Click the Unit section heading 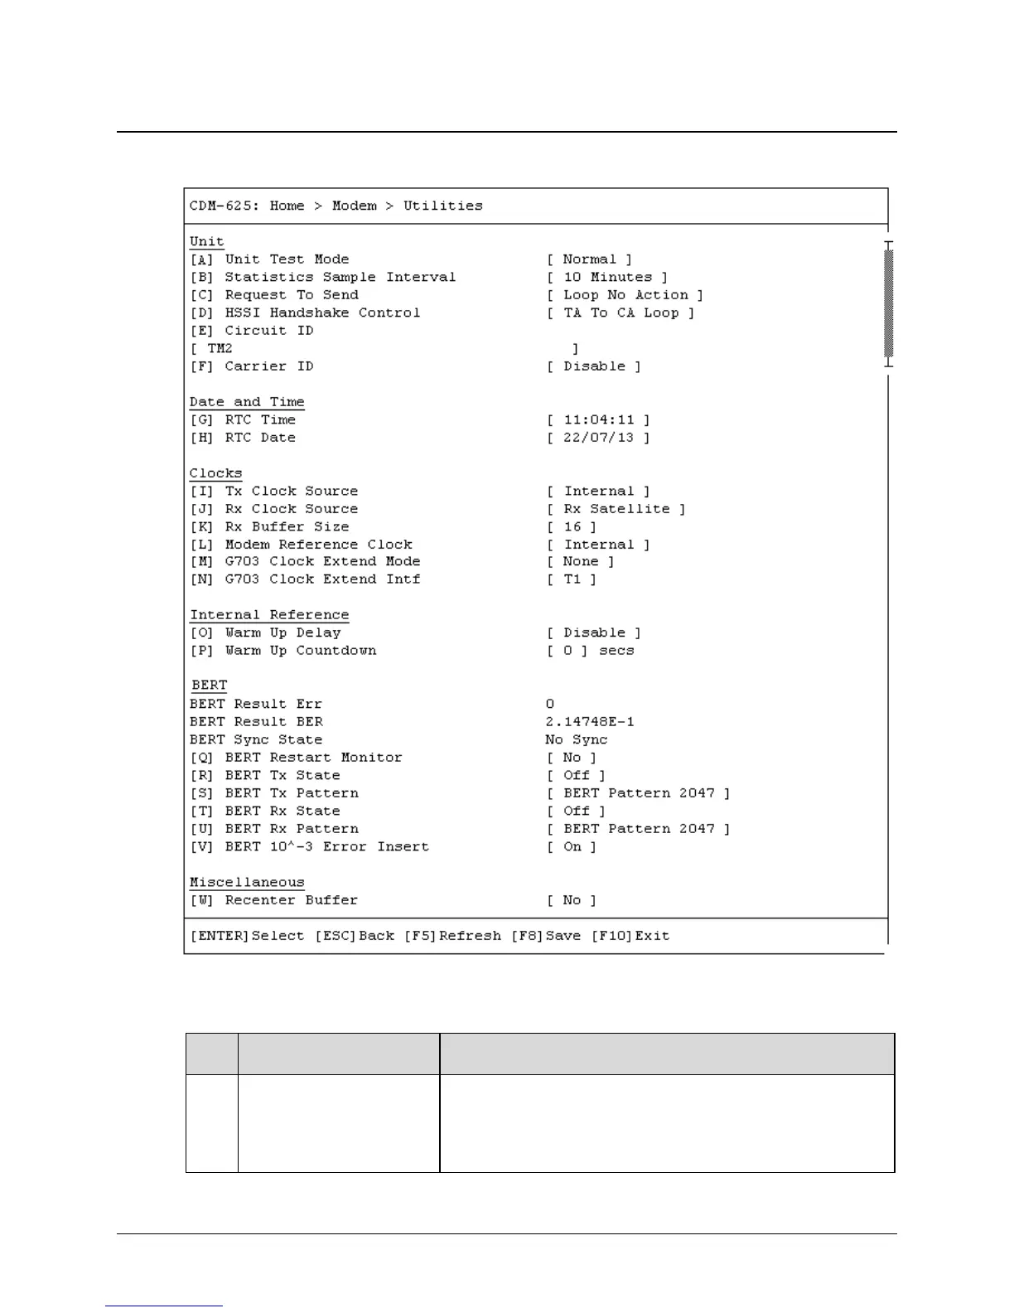click(x=206, y=241)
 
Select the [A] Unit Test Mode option click(x=269, y=259)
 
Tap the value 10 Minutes click(x=607, y=278)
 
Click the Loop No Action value click(x=625, y=295)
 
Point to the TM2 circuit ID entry click(x=220, y=349)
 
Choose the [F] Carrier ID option click(x=252, y=366)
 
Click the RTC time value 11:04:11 click(x=598, y=420)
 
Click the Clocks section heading click(x=215, y=473)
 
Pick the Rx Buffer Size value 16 click(x=572, y=527)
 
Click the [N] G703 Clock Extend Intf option click(x=305, y=579)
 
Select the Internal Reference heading click(x=269, y=615)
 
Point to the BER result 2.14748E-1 click(x=590, y=722)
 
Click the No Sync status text click(x=577, y=740)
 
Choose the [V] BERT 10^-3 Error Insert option click(x=310, y=847)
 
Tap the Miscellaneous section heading click(x=247, y=883)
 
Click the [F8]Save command click(x=546, y=936)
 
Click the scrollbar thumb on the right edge click(x=889, y=303)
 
